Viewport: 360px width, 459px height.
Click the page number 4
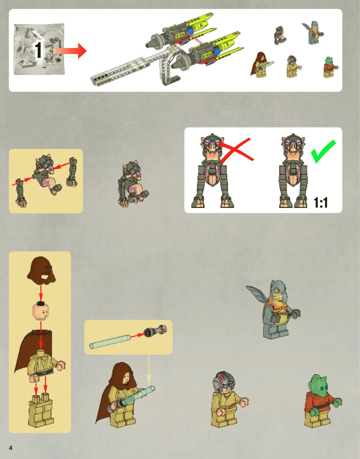coord(11,448)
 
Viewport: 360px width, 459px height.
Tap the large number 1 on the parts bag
coord(38,50)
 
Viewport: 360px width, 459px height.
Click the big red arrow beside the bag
coord(70,51)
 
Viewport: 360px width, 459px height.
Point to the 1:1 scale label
coord(321,202)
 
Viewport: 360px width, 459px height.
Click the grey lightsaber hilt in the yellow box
coord(155,331)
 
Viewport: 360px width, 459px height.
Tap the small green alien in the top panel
coord(330,67)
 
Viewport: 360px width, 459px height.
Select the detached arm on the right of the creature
coord(72,172)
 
